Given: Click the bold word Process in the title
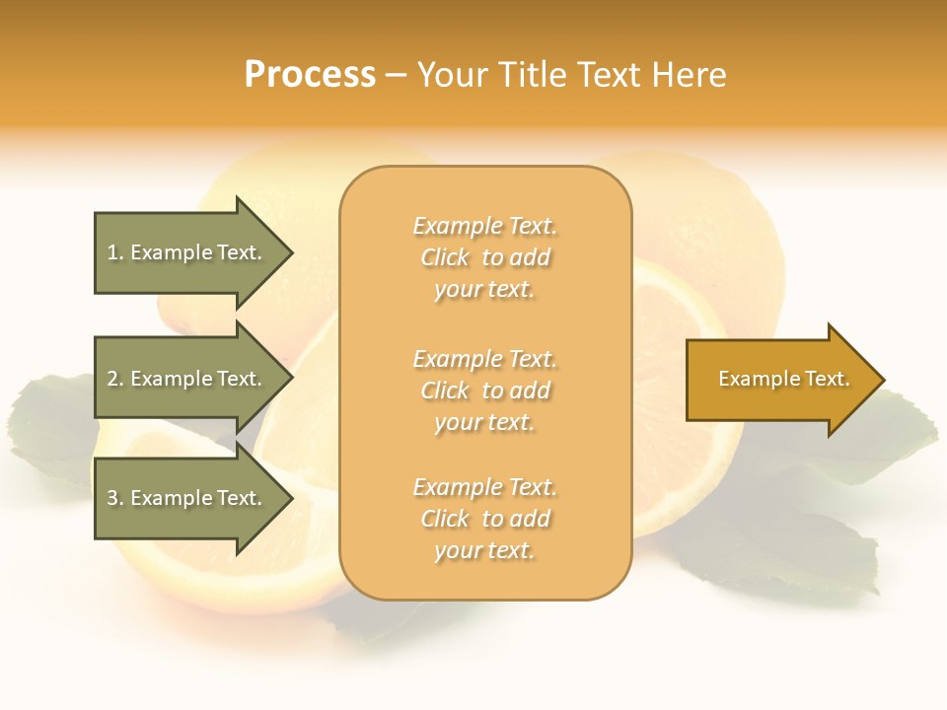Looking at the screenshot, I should tap(310, 75).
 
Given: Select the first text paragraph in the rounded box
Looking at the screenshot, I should tap(484, 257).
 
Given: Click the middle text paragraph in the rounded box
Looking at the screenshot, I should tap(484, 390).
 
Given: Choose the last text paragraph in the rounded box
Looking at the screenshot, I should tap(484, 519).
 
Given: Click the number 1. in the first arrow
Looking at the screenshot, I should tap(115, 252).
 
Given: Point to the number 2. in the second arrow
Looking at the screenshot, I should tap(115, 379).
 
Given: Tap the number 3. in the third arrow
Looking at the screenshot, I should tap(115, 498).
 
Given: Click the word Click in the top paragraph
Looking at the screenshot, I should tap(445, 257).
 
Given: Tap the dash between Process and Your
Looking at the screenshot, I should tap(396, 75).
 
